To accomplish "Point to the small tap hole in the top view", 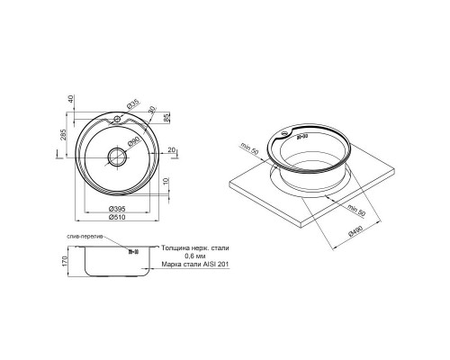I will [118, 120].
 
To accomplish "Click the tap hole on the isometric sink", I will [286, 136].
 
